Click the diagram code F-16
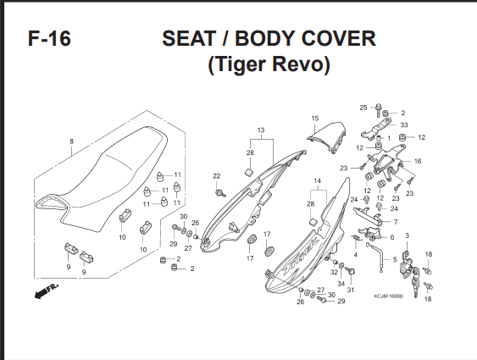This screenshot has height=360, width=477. [x=49, y=39]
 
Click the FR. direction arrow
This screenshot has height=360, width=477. [x=47, y=291]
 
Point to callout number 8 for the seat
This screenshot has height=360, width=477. [x=71, y=141]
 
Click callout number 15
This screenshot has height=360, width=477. [x=315, y=119]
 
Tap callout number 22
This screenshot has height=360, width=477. [x=217, y=176]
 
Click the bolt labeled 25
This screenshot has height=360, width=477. [x=378, y=110]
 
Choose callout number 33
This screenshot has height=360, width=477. [x=404, y=125]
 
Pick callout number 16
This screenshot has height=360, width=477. [x=418, y=161]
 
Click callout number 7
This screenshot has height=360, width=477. [x=396, y=222]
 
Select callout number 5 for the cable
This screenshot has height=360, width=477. [x=395, y=260]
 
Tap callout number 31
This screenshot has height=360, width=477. [x=351, y=290]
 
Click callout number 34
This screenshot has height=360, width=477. [x=341, y=284]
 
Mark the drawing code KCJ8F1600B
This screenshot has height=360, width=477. [x=389, y=296]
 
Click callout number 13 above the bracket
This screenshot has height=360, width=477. [x=261, y=130]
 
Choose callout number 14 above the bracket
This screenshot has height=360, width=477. [x=317, y=181]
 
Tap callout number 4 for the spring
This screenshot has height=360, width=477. [x=355, y=255]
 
